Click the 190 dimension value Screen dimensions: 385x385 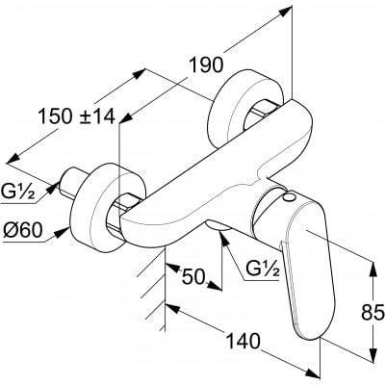point(206,64)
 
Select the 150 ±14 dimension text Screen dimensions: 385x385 point(77,116)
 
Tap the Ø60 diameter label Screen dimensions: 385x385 point(23,230)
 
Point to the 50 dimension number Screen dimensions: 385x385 point(193,276)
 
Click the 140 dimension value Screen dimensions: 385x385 point(243,341)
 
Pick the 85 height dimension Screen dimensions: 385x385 point(372,312)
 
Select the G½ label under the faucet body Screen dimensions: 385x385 point(262,271)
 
